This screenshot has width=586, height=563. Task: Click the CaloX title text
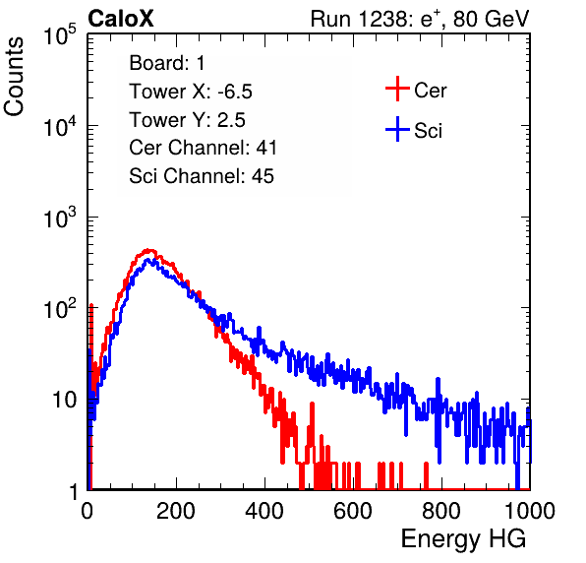[x=120, y=19]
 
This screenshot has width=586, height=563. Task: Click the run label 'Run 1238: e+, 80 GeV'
[x=420, y=19]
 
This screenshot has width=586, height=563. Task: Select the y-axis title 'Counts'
[x=14, y=76]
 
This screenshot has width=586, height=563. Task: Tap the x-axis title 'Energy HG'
[x=463, y=539]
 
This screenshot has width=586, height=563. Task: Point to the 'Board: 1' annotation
[x=167, y=63]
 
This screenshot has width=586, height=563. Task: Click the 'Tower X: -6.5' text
[x=191, y=92]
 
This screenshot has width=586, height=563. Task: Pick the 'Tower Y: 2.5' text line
[x=187, y=120]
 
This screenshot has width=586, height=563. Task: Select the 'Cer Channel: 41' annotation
[x=203, y=148]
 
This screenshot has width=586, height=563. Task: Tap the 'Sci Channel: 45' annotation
[x=202, y=176]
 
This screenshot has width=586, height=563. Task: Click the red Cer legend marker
[x=397, y=89]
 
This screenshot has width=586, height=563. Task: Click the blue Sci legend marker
[x=397, y=130]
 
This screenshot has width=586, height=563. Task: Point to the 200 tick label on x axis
[x=176, y=511]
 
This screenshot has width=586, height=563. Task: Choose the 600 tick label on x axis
[x=353, y=511]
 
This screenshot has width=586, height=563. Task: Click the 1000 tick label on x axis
[x=530, y=511]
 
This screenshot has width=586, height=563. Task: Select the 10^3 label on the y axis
[x=60, y=218]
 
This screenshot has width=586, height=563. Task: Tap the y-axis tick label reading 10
[x=65, y=401]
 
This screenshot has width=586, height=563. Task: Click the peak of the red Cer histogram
[x=148, y=250]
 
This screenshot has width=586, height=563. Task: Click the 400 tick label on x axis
[x=264, y=511]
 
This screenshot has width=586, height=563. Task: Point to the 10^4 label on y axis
[x=60, y=126]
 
